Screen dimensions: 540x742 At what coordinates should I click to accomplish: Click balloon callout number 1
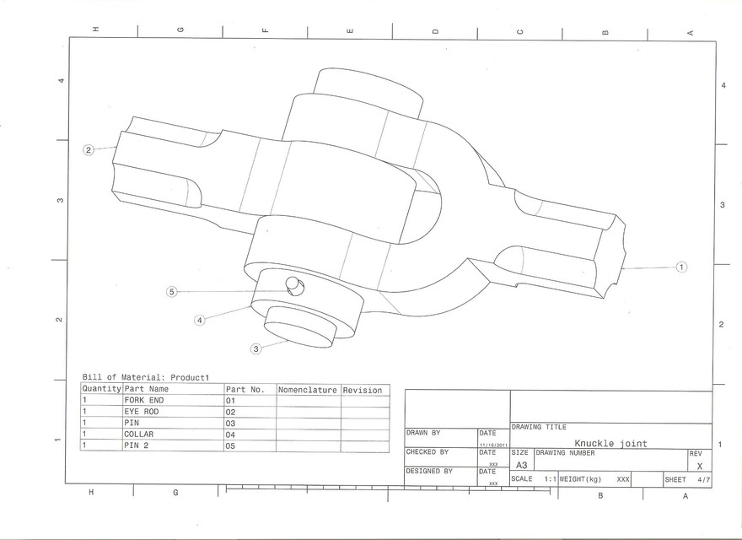pyautogui.click(x=681, y=267)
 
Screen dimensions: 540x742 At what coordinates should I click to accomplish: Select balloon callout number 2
pyautogui.click(x=88, y=150)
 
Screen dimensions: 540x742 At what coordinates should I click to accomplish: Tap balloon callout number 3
pyautogui.click(x=255, y=348)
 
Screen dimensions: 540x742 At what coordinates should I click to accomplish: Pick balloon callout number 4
pyautogui.click(x=200, y=320)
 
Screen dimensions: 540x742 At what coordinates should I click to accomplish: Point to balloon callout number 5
pyautogui.click(x=172, y=292)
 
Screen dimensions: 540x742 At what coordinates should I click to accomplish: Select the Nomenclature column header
pyautogui.click(x=308, y=390)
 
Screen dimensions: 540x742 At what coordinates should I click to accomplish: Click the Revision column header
pyautogui.click(x=363, y=390)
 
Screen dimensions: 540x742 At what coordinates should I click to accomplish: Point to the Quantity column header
pyautogui.click(x=101, y=390)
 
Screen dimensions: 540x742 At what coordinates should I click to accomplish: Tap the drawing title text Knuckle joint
pyautogui.click(x=610, y=443)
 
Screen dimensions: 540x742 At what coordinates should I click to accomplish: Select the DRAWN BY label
pyautogui.click(x=423, y=433)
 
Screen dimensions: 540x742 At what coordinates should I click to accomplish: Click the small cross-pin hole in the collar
pyautogui.click(x=293, y=283)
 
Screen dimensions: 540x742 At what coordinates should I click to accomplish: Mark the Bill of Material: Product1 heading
pyautogui.click(x=145, y=377)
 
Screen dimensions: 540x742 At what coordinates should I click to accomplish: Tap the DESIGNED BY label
pyautogui.click(x=429, y=472)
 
